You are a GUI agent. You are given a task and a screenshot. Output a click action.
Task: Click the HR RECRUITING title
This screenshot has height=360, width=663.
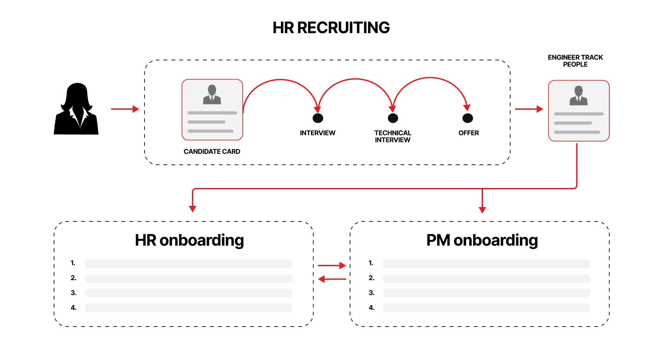pyautogui.click(x=331, y=28)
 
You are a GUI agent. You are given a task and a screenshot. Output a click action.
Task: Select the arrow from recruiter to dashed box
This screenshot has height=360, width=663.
pyautogui.click(x=125, y=109)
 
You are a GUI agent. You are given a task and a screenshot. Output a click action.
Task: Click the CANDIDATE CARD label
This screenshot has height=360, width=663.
pyautogui.click(x=212, y=151)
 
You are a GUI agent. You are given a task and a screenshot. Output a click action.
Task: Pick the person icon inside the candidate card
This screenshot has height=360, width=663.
pyautogui.click(x=212, y=95)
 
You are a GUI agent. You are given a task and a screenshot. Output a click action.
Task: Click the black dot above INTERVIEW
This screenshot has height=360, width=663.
pyautogui.click(x=318, y=118)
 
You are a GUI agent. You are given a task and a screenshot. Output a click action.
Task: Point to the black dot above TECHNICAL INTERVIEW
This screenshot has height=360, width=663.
pyautogui.click(x=393, y=118)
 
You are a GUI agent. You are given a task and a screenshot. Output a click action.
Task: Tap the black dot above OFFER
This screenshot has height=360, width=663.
pyautogui.click(x=467, y=118)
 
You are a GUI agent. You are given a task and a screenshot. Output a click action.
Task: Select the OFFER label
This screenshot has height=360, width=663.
pyautogui.click(x=468, y=133)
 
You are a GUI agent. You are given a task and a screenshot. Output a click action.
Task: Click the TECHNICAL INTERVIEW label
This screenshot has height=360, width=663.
pyautogui.click(x=392, y=136)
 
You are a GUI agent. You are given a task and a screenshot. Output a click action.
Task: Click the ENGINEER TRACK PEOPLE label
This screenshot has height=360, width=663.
pyautogui.click(x=575, y=61)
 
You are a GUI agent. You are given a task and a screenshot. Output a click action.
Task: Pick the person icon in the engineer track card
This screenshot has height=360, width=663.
pyautogui.click(x=578, y=96)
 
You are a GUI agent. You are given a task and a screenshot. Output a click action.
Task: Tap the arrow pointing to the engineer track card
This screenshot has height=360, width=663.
pyautogui.click(x=529, y=109)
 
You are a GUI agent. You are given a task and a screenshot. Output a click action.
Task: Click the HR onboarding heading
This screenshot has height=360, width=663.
pyautogui.click(x=189, y=240)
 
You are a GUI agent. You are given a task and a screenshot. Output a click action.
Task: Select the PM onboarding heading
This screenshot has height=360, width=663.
pyautogui.click(x=482, y=240)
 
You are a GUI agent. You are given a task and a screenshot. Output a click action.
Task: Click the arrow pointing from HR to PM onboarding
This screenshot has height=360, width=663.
pyautogui.click(x=331, y=266)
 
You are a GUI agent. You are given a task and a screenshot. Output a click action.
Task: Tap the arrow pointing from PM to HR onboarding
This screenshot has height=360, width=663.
pyautogui.click(x=331, y=279)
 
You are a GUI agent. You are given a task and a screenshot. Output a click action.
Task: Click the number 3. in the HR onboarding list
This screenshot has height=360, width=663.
pyautogui.click(x=74, y=293)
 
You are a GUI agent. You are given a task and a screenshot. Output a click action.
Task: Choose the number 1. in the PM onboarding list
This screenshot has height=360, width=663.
pyautogui.click(x=371, y=263)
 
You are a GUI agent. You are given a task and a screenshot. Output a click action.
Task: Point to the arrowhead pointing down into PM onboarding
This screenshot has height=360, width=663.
pyautogui.click(x=482, y=210)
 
